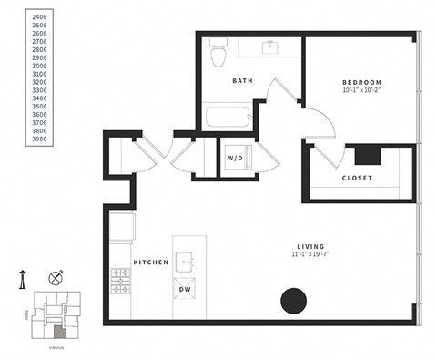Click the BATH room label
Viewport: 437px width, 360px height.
click(x=242, y=81)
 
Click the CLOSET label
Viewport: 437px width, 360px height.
click(x=356, y=178)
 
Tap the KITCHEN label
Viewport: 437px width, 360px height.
click(x=151, y=262)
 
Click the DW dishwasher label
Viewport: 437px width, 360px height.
click(x=186, y=290)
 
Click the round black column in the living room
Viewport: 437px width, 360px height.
click(x=293, y=301)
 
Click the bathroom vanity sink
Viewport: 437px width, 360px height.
click(x=270, y=46)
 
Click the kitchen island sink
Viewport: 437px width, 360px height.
click(x=187, y=262)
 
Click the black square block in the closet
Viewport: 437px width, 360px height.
click(x=367, y=153)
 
